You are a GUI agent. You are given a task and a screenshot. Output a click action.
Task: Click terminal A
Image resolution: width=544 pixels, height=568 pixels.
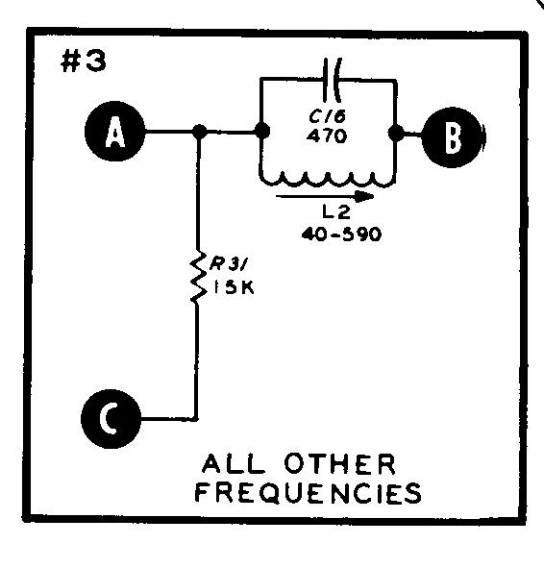114,131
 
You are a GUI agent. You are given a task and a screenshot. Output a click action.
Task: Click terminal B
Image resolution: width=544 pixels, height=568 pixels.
453,137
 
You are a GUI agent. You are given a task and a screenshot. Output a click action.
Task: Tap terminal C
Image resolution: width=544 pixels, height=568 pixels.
111,419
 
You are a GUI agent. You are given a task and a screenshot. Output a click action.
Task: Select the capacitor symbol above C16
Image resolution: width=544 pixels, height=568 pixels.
332,80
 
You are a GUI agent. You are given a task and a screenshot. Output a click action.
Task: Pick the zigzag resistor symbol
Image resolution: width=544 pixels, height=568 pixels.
198,276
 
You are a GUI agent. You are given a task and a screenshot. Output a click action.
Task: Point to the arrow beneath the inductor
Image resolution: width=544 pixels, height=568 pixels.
325,197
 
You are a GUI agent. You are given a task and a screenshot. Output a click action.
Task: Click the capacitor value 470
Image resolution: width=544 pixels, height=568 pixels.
327,136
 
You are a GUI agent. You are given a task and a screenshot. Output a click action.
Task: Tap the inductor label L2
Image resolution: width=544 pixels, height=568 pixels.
336,212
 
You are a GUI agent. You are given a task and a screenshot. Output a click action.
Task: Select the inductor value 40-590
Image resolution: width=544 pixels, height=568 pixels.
341,235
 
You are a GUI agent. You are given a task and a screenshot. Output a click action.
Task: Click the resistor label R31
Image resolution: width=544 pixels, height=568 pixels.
228,265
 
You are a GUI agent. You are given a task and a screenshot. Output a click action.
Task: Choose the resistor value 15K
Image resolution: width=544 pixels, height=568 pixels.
234,288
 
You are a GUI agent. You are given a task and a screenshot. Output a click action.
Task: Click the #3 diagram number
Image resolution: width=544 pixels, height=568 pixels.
84,62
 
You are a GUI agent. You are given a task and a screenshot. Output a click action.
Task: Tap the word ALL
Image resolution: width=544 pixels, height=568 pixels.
234,464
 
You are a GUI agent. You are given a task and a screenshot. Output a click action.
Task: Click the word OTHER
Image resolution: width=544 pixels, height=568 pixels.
340,464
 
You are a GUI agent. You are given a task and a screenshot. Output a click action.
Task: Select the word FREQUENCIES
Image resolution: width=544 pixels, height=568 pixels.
309,493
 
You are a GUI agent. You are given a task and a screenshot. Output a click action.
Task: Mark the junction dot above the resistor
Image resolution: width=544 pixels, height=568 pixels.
199,132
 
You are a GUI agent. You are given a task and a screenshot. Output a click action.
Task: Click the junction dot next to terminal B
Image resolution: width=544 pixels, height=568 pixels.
396,133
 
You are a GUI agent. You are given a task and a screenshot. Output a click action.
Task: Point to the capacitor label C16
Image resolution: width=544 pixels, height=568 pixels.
328,116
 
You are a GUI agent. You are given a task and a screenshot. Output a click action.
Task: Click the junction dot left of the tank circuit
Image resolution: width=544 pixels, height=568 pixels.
262,131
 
